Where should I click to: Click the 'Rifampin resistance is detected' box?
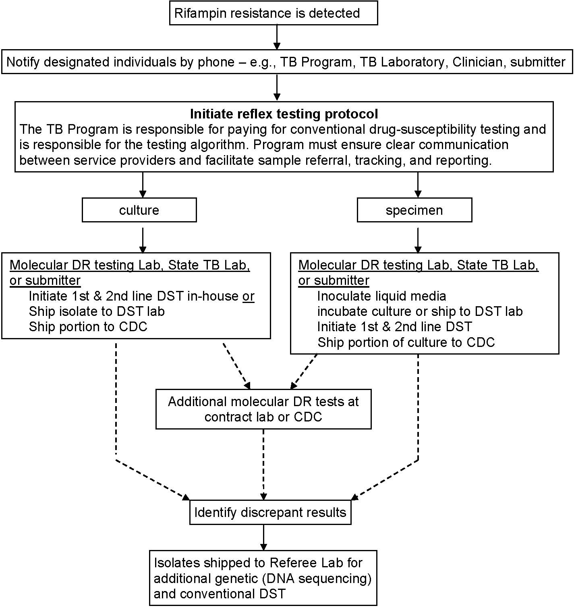click(x=273, y=13)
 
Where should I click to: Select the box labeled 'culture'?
click(x=139, y=210)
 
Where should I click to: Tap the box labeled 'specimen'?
click(x=414, y=210)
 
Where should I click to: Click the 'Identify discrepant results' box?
click(x=270, y=513)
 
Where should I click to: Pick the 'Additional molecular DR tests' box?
click(x=263, y=409)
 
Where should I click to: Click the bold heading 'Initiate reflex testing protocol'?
click(x=284, y=114)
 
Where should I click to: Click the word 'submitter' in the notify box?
click(x=538, y=62)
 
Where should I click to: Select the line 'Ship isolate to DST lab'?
click(x=97, y=311)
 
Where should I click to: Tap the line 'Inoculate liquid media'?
click(x=381, y=296)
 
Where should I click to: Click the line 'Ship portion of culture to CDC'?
click(x=406, y=342)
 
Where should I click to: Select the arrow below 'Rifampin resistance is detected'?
click(x=277, y=37)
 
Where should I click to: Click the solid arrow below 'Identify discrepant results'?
click(x=263, y=537)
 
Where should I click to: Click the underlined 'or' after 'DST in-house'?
click(x=248, y=296)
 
